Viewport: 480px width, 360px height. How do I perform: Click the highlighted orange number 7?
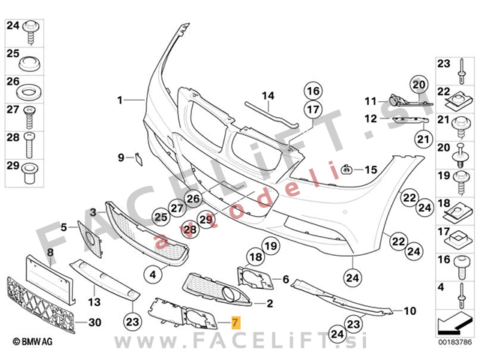click(x=236, y=323)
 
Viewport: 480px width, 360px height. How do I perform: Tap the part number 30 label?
click(x=94, y=323)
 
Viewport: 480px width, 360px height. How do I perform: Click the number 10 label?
click(x=409, y=310)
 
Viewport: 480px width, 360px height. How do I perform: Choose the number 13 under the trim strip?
click(x=94, y=301)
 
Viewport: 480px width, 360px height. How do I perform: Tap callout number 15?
click(x=370, y=169)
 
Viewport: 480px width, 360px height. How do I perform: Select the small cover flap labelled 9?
click(x=136, y=157)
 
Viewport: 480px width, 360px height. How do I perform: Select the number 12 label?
click(x=370, y=118)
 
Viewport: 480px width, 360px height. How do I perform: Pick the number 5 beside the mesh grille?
click(x=64, y=226)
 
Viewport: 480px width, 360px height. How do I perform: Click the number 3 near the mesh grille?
click(x=92, y=212)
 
